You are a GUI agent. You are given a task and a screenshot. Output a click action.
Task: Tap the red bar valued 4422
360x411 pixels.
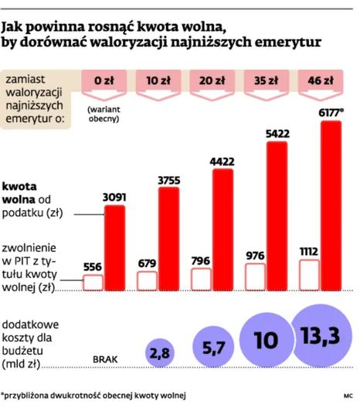click(222, 229)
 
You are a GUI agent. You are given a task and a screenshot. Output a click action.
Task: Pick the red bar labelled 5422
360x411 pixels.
click(277, 215)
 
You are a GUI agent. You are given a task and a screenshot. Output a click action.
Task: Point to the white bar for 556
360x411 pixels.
click(93, 282)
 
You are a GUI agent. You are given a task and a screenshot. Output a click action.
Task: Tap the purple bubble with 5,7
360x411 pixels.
click(212, 347)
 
